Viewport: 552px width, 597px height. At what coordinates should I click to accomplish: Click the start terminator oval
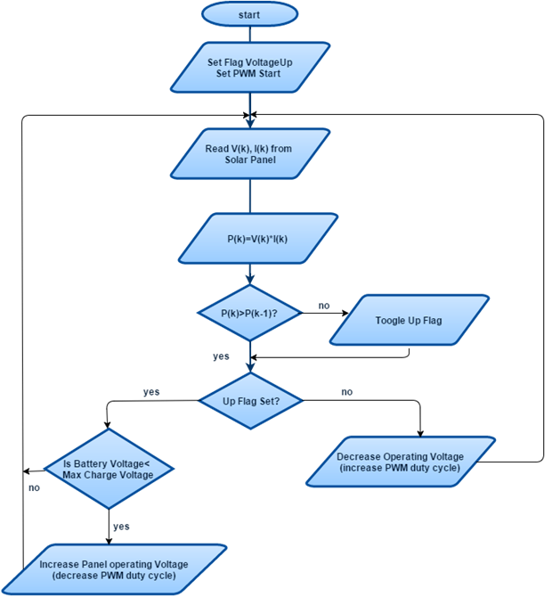click(249, 14)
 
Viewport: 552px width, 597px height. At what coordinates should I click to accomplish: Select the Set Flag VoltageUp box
click(249, 68)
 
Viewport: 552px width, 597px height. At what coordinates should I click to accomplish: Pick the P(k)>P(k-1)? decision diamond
click(249, 314)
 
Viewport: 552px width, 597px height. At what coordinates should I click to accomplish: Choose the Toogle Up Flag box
click(409, 319)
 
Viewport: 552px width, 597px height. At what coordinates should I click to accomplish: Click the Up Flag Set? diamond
click(251, 401)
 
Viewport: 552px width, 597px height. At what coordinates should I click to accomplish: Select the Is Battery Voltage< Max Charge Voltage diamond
click(108, 469)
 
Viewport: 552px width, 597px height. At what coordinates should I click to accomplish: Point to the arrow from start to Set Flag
click(249, 36)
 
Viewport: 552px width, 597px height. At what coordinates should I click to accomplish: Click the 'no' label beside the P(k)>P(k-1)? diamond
click(324, 306)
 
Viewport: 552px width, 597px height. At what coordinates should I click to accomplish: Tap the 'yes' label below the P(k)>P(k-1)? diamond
click(221, 356)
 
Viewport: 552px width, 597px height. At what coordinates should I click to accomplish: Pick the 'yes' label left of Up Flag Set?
click(151, 391)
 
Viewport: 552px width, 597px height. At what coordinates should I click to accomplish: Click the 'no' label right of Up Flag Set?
click(347, 391)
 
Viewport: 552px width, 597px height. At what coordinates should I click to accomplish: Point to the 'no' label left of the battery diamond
click(34, 487)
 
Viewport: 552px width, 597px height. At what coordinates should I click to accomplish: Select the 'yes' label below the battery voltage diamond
click(120, 527)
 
